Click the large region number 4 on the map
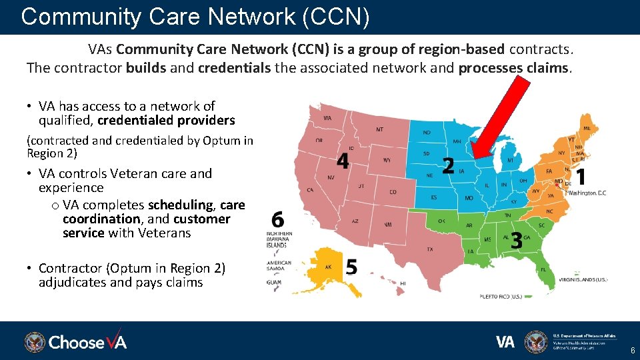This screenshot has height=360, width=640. pyautogui.click(x=343, y=161)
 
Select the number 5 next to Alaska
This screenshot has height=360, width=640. pyautogui.click(x=351, y=267)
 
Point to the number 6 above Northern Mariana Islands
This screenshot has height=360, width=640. pyautogui.click(x=278, y=220)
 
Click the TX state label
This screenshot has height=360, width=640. pyautogui.click(x=430, y=249)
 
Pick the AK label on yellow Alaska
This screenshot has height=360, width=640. pyautogui.click(x=328, y=267)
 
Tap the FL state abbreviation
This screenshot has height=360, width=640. pyautogui.click(x=543, y=270)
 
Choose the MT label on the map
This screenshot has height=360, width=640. pyautogui.click(x=379, y=129)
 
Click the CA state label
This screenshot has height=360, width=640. pyautogui.click(x=310, y=190)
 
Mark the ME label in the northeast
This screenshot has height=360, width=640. pyautogui.click(x=587, y=128)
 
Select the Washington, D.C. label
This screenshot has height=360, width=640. pyautogui.click(x=587, y=193)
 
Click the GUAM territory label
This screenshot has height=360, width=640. pyautogui.click(x=274, y=283)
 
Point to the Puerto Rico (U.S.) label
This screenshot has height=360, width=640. pyautogui.click(x=501, y=295)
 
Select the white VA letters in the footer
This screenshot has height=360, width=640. pyautogui.click(x=505, y=342)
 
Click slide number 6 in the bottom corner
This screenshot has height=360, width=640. pyautogui.click(x=632, y=351)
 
